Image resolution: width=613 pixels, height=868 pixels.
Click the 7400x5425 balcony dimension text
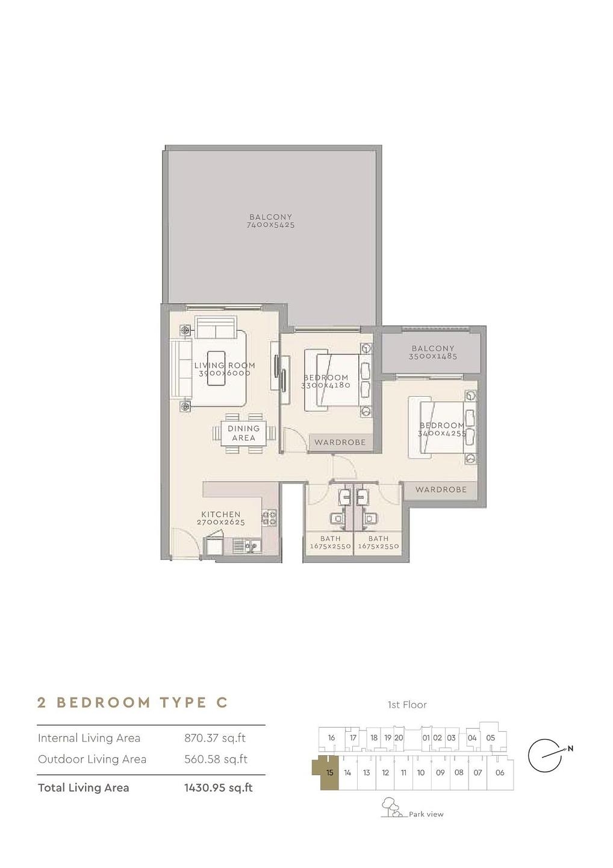pyautogui.click(x=270, y=225)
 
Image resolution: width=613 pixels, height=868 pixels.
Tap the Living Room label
pyautogui.click(x=225, y=365)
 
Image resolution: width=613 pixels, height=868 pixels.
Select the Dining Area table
pyautogui.click(x=243, y=433)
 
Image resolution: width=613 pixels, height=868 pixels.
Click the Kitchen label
pyautogui.click(x=220, y=514)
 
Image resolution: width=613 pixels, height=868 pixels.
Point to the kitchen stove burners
pyautogui.click(x=270, y=518)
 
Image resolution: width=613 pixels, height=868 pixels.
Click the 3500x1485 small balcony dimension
pyautogui.click(x=433, y=356)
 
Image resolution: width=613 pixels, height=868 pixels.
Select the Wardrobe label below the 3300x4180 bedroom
pyautogui.click(x=340, y=442)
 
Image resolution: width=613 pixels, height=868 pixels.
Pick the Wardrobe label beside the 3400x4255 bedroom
pyautogui.click(x=441, y=489)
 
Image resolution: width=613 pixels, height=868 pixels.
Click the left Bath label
pyautogui.click(x=331, y=538)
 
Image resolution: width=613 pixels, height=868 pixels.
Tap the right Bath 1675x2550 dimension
pyautogui.click(x=379, y=546)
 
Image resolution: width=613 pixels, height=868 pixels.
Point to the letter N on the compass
pyautogui.click(x=570, y=748)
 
